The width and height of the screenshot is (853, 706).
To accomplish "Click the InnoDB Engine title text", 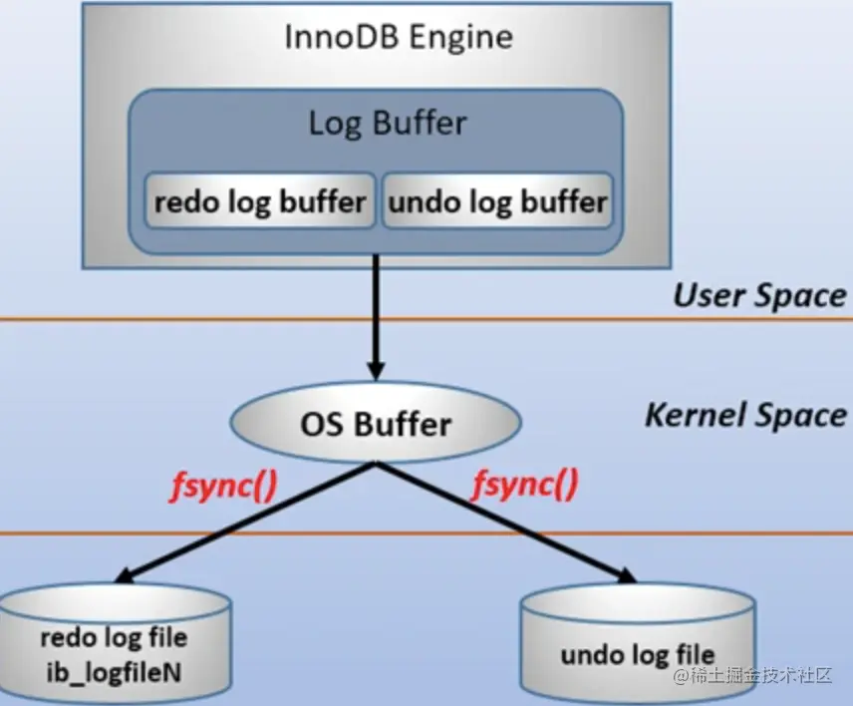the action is [x=399, y=37].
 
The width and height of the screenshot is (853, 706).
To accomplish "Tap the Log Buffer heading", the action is [x=388, y=123].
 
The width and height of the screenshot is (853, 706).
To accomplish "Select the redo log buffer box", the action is [x=260, y=200].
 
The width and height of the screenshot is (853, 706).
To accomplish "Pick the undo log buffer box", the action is [x=498, y=200].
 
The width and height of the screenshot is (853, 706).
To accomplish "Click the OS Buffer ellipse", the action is [x=376, y=423].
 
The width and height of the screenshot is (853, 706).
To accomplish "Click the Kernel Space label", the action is [x=745, y=416].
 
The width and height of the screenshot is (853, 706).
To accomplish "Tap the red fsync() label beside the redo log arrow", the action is [x=224, y=486].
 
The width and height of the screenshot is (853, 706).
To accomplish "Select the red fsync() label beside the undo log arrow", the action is [x=525, y=485].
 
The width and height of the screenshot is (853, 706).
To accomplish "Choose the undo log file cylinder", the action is [x=638, y=643].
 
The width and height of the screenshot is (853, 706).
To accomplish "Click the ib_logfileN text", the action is [x=114, y=673].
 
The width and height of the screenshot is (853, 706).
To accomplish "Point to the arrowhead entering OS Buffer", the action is [x=376, y=371].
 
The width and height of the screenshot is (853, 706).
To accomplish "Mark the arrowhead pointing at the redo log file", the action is [x=127, y=576].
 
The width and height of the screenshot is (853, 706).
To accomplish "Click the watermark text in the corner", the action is [x=753, y=675].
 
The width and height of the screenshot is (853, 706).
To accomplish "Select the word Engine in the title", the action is [x=460, y=38].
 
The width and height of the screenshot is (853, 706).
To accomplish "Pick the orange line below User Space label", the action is [x=426, y=319].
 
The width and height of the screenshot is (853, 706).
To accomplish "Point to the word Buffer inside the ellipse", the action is [x=403, y=424].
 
